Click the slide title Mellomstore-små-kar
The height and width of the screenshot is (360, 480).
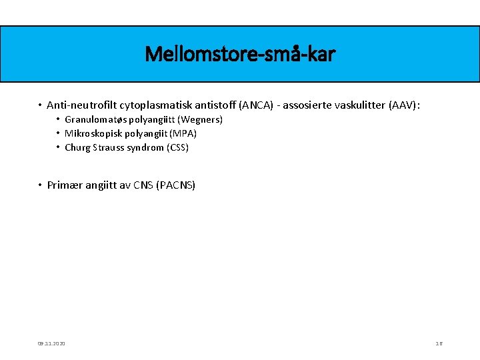pos(240,53)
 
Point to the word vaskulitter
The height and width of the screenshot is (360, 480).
pos(361,105)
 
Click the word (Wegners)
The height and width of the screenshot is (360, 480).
pos(199,119)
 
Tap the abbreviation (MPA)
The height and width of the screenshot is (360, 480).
pos(183,133)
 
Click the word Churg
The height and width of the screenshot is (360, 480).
pos(77,147)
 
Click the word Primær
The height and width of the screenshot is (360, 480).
pos(65,185)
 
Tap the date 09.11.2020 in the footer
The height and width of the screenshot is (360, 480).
pos(52,343)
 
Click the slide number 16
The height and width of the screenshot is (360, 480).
pos(439,343)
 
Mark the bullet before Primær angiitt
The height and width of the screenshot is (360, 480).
pos(40,185)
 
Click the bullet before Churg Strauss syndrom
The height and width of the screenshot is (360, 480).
pos(58,147)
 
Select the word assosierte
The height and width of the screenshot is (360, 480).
pos(309,105)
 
